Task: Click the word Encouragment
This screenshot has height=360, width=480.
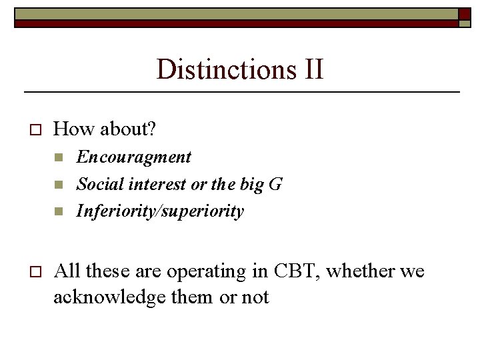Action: (x=134, y=157)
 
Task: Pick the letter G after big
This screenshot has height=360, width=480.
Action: (x=275, y=185)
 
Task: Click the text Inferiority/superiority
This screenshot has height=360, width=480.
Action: (x=160, y=211)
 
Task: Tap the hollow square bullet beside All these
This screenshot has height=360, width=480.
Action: (x=36, y=272)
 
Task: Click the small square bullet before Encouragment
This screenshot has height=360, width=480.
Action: (x=59, y=158)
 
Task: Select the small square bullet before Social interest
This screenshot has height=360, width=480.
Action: (x=59, y=185)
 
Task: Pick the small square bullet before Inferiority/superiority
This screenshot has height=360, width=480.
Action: (x=59, y=212)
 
